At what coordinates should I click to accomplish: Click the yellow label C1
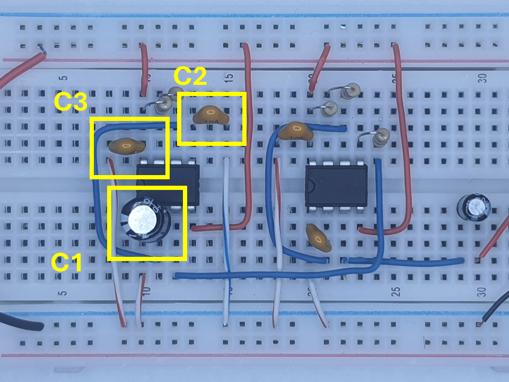(67, 263)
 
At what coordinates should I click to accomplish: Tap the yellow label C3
(71, 102)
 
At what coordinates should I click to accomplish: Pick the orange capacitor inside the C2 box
(210, 115)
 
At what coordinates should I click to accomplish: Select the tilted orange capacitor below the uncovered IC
(319, 238)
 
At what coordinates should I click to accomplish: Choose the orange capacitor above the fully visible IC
(295, 131)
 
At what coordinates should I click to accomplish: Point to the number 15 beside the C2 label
(229, 77)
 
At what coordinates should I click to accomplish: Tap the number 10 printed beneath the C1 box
(146, 291)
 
